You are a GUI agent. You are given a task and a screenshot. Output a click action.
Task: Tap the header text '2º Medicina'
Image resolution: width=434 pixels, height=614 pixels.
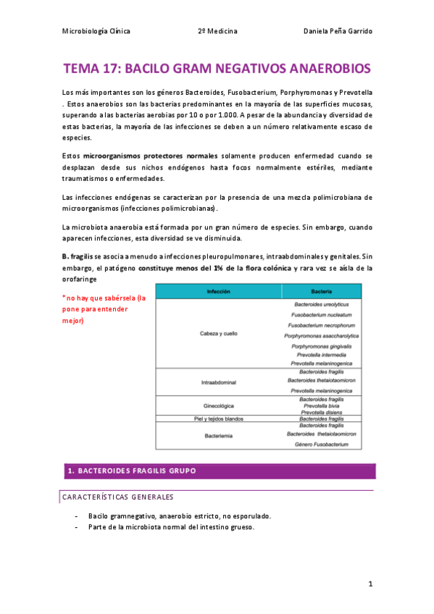click(x=217, y=32)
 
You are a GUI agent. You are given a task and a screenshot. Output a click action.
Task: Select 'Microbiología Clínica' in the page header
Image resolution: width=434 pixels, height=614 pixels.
click(x=96, y=32)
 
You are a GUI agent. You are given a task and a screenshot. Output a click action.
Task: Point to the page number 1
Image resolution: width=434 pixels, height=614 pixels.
click(x=370, y=584)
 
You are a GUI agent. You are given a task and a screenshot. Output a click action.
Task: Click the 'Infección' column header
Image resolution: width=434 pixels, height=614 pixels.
click(x=218, y=290)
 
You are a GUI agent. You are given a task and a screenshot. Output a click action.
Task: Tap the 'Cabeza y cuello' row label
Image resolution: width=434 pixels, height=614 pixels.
click(x=218, y=334)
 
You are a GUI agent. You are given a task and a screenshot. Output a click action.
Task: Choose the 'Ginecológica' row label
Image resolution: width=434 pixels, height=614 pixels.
click(x=218, y=405)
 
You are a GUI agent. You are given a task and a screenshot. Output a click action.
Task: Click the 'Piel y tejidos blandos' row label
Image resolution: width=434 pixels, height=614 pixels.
click(x=218, y=419)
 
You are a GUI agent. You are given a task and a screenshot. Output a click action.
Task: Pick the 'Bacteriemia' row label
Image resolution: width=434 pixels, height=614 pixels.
click(x=218, y=436)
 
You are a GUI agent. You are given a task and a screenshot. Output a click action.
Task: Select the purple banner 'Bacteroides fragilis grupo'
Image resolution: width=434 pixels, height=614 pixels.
click(x=130, y=471)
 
